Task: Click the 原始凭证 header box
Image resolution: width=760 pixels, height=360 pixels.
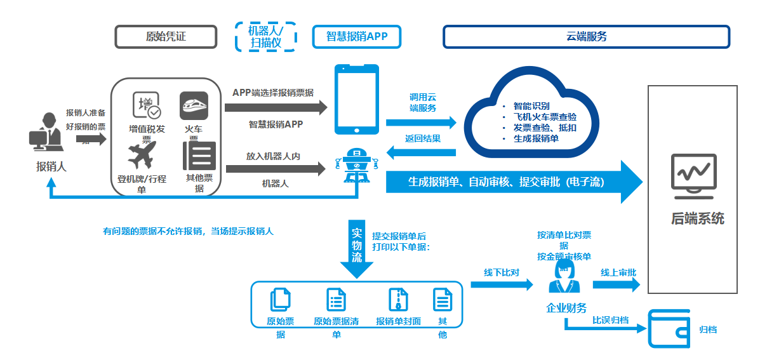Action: pos(166,36)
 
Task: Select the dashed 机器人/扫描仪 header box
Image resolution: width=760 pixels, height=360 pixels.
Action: pos(265,36)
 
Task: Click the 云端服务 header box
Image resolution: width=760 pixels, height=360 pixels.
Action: pos(585,36)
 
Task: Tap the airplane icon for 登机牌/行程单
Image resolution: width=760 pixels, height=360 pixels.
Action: pos(142,155)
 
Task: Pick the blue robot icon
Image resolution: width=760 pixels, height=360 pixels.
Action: pos(357,166)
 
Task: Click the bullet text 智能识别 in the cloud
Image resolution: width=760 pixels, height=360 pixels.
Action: pos(531,106)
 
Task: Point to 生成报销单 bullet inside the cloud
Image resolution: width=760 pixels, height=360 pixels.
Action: pos(536,138)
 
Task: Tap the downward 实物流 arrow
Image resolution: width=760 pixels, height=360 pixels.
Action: pos(357,249)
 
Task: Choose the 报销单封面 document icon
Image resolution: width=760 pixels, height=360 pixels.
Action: pos(398,299)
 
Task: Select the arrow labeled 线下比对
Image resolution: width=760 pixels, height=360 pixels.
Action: pos(502,284)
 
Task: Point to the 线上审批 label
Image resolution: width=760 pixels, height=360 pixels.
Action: pos(618,272)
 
